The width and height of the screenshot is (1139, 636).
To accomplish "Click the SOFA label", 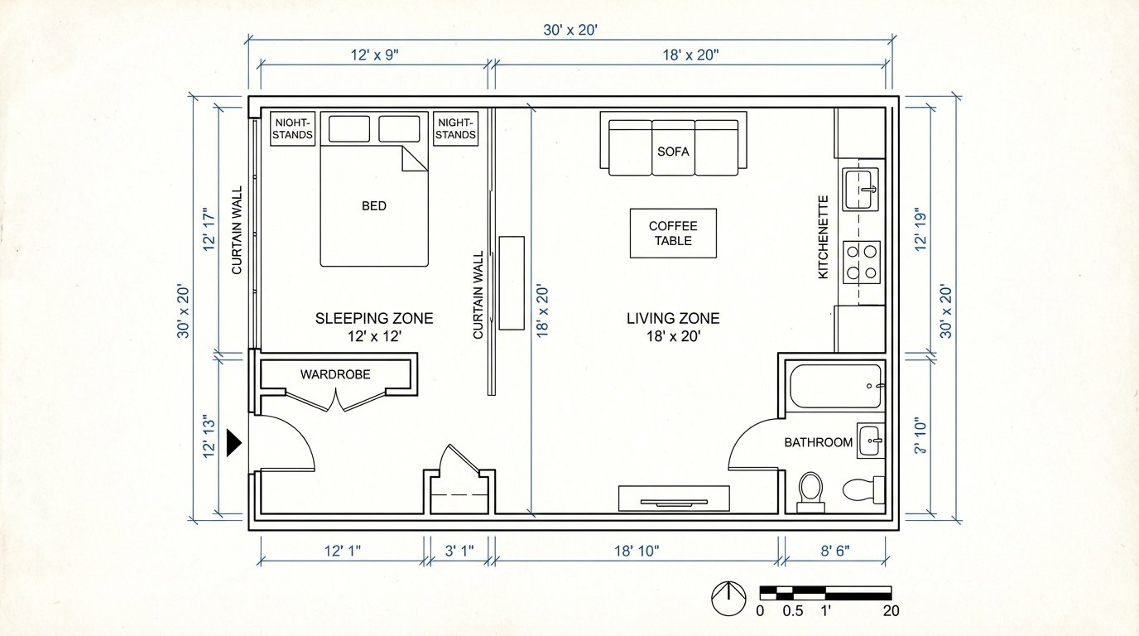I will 673,152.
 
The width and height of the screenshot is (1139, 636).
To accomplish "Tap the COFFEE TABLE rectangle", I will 673,233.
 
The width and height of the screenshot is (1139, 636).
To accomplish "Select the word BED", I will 374,205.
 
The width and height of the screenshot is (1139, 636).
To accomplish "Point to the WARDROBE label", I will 335,374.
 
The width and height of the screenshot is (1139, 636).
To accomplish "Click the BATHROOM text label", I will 818,442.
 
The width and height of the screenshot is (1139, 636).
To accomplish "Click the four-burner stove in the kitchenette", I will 861,261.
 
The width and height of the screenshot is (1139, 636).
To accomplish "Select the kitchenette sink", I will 861,190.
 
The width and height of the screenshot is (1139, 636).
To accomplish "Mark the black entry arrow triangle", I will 233,444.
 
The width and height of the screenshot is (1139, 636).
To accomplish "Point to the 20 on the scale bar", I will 891,612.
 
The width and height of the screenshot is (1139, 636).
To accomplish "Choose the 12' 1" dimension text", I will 342,551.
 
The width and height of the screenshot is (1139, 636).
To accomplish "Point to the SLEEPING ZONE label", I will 374,318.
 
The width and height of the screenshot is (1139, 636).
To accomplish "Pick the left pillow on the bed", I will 349,128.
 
